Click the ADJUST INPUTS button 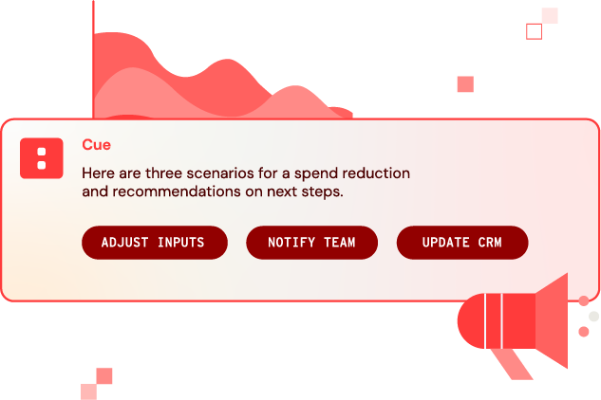click(154, 243)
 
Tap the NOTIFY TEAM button click(311, 243)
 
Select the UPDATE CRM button click(461, 243)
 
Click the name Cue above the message click(96, 145)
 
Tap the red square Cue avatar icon click(42, 158)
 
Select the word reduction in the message click(378, 173)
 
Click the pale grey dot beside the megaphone click(593, 317)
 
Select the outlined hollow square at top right click(534, 31)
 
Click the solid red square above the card click(465, 84)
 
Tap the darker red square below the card click(104, 375)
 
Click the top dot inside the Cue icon click(42, 152)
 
